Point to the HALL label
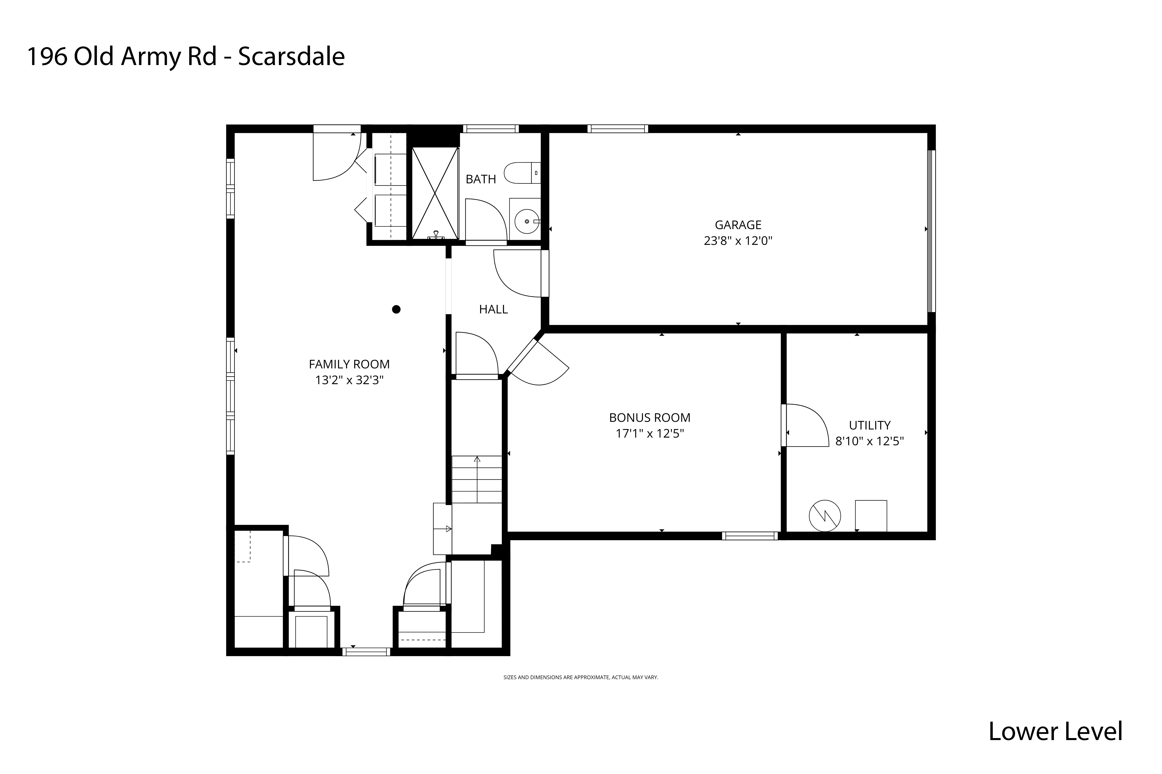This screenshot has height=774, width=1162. point(493,309)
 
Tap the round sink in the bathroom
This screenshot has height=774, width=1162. point(527,222)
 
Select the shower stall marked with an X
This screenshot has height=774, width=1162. point(435,193)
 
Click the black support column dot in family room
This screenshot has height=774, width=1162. point(396,309)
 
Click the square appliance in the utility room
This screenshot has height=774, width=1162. point(870,516)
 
